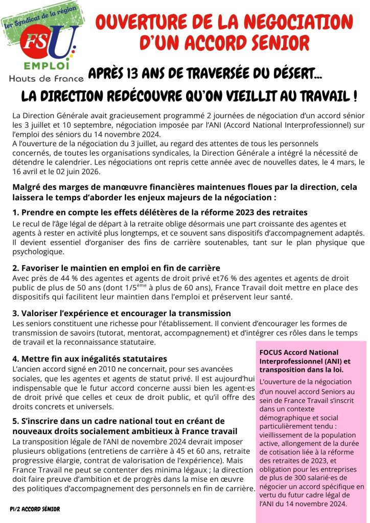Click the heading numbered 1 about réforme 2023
pos(160,212)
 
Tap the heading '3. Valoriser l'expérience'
pos(122,313)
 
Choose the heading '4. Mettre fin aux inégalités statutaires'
pos(90,359)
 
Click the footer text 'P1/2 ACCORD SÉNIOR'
pos(35,509)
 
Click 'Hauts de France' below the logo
pos(44,78)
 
